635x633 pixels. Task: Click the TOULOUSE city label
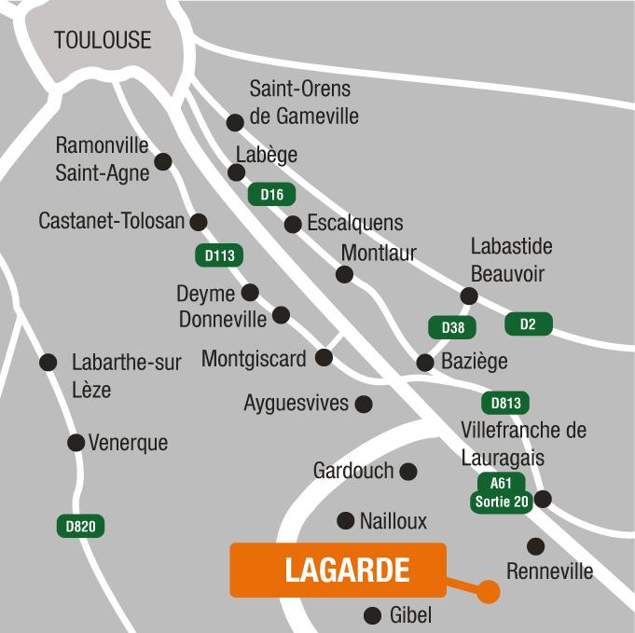click(103, 40)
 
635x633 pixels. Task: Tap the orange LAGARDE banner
click(338, 570)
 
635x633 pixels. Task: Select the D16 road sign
click(271, 195)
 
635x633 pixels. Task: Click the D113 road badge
click(218, 255)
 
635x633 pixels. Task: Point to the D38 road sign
click(452, 327)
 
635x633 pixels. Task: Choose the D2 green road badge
click(528, 324)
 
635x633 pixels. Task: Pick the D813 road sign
click(505, 404)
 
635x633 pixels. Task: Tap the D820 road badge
click(80, 526)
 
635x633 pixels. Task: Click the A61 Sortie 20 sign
click(502, 492)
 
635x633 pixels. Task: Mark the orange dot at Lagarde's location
click(485, 591)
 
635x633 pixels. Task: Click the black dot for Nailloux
click(346, 520)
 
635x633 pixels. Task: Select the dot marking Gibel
click(372, 615)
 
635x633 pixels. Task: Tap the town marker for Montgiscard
click(324, 357)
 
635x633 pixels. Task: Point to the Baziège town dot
click(425, 362)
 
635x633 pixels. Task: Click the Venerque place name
click(128, 443)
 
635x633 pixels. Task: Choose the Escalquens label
click(354, 223)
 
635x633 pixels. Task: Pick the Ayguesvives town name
click(296, 404)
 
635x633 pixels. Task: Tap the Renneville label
click(549, 571)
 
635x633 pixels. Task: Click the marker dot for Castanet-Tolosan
click(199, 222)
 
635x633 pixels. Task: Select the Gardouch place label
click(353, 471)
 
